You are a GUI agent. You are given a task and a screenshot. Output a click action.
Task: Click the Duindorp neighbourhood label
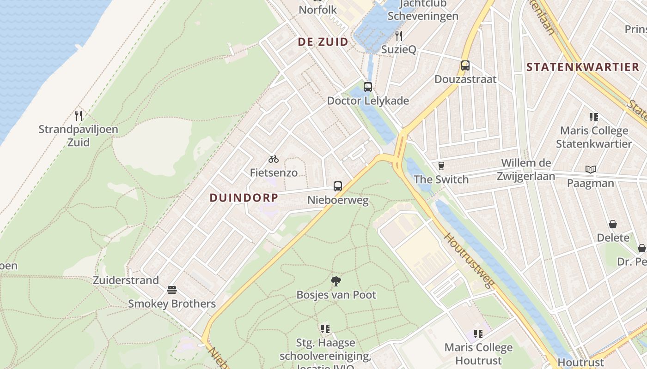click(244, 198)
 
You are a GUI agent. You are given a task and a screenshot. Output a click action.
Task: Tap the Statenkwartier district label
click(583, 67)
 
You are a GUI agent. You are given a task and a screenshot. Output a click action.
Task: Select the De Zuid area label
click(323, 42)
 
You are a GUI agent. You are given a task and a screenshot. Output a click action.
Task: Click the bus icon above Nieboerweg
click(338, 186)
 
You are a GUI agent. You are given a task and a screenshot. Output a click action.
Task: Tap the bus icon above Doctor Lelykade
click(368, 87)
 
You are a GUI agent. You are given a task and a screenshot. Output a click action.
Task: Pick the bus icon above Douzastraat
click(465, 65)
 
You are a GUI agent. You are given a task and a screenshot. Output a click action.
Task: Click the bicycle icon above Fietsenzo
click(274, 159)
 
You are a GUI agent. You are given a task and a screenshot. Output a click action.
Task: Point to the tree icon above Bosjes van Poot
click(336, 281)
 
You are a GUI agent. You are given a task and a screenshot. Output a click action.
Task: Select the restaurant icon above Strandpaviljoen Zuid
click(79, 115)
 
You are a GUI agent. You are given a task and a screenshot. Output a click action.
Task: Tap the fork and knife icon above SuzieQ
click(399, 36)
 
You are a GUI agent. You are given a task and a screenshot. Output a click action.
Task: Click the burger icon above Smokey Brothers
click(172, 290)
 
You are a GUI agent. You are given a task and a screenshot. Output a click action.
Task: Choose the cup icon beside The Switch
click(441, 166)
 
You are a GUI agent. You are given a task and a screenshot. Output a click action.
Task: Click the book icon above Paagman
click(591, 169)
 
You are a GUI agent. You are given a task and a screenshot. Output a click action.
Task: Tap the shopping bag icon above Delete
click(613, 224)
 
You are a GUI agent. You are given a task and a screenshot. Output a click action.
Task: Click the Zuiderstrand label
click(126, 280)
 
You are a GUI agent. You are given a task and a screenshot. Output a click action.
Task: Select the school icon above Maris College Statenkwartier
click(594, 117)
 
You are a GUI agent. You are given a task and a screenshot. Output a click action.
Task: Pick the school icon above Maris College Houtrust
click(478, 333)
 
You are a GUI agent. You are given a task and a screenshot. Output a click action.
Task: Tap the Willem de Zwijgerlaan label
click(526, 169)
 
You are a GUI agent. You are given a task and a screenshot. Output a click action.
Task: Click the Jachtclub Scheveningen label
click(423, 10)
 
